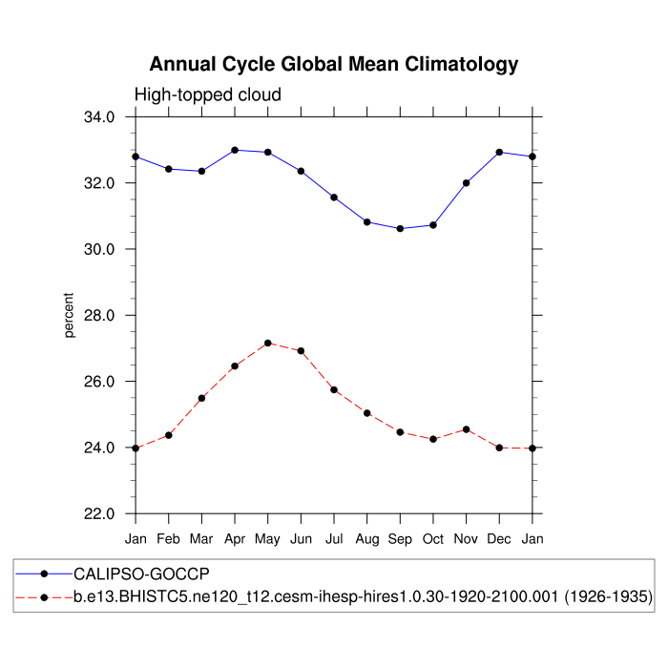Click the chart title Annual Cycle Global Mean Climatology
click(334, 65)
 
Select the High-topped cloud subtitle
click(207, 94)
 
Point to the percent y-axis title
click(69, 316)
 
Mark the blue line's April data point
click(235, 150)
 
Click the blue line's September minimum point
click(400, 228)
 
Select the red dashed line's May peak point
click(268, 343)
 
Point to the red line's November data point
click(467, 429)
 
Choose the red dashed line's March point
click(201, 398)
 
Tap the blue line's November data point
click(467, 183)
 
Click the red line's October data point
click(433, 439)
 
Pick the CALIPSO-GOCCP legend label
click(141, 574)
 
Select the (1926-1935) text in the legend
click(607, 597)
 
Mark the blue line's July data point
click(334, 198)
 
